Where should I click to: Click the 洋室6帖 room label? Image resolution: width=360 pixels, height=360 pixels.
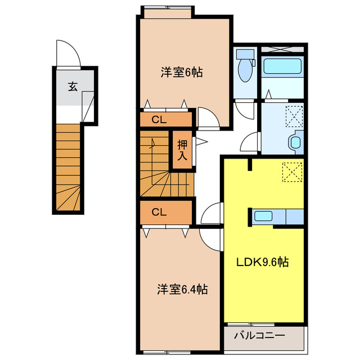pos(182,72)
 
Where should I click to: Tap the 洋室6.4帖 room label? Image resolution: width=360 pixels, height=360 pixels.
pos(182,290)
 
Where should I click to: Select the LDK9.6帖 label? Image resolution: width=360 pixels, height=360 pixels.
pos(262,262)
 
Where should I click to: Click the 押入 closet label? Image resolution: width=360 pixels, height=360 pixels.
pos(182,150)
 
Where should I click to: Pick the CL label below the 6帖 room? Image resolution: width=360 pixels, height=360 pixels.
pos(159,119)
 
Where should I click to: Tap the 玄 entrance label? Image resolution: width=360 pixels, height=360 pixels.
pos(73,87)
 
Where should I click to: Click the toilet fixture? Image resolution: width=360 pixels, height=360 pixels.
pos(245,68)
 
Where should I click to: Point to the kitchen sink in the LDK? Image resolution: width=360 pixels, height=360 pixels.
pos(263,216)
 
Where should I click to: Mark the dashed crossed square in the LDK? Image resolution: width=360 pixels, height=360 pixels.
pos(291,172)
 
